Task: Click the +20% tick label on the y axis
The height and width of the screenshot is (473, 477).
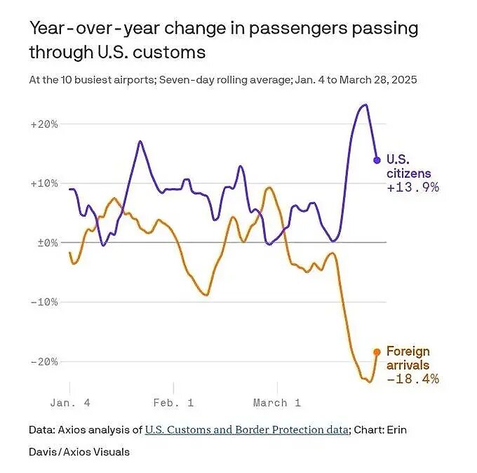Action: [x=43, y=124]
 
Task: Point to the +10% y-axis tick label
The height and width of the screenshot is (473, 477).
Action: [x=43, y=183]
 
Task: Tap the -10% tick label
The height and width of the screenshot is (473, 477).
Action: [x=43, y=302]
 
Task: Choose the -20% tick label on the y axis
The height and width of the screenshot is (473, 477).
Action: [x=43, y=361]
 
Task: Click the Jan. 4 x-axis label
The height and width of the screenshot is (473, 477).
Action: [x=71, y=403]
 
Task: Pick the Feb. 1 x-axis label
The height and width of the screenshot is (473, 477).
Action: [x=174, y=403]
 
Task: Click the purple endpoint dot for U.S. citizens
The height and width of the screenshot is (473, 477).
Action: [x=377, y=160]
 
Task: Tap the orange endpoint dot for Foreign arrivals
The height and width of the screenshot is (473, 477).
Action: [x=377, y=352]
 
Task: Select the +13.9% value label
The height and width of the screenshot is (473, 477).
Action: [x=412, y=187]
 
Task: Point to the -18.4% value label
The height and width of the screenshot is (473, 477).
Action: [x=412, y=379]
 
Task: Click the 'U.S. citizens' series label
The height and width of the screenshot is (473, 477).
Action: [x=408, y=166]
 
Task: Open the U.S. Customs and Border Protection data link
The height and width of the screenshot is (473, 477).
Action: [x=246, y=429]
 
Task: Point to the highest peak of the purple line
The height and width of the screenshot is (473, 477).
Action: [x=364, y=105]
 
